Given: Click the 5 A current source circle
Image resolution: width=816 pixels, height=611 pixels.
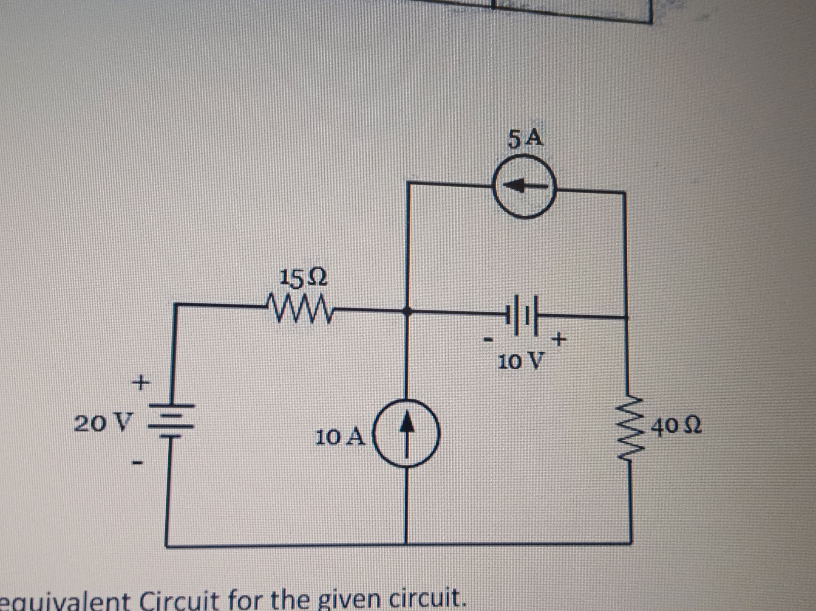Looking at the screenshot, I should [524, 186].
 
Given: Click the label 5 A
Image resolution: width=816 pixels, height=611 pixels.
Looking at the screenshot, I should [526, 139].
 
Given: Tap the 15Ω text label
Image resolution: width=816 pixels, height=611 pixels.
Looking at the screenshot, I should [303, 279].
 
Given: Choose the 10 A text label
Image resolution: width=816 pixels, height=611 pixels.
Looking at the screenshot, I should [340, 437].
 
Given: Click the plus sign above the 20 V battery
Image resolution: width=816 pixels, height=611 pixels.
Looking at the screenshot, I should [141, 383].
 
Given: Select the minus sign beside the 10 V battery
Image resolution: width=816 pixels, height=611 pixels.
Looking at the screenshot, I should [489, 340].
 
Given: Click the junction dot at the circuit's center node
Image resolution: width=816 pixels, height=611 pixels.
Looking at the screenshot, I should [407, 311].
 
